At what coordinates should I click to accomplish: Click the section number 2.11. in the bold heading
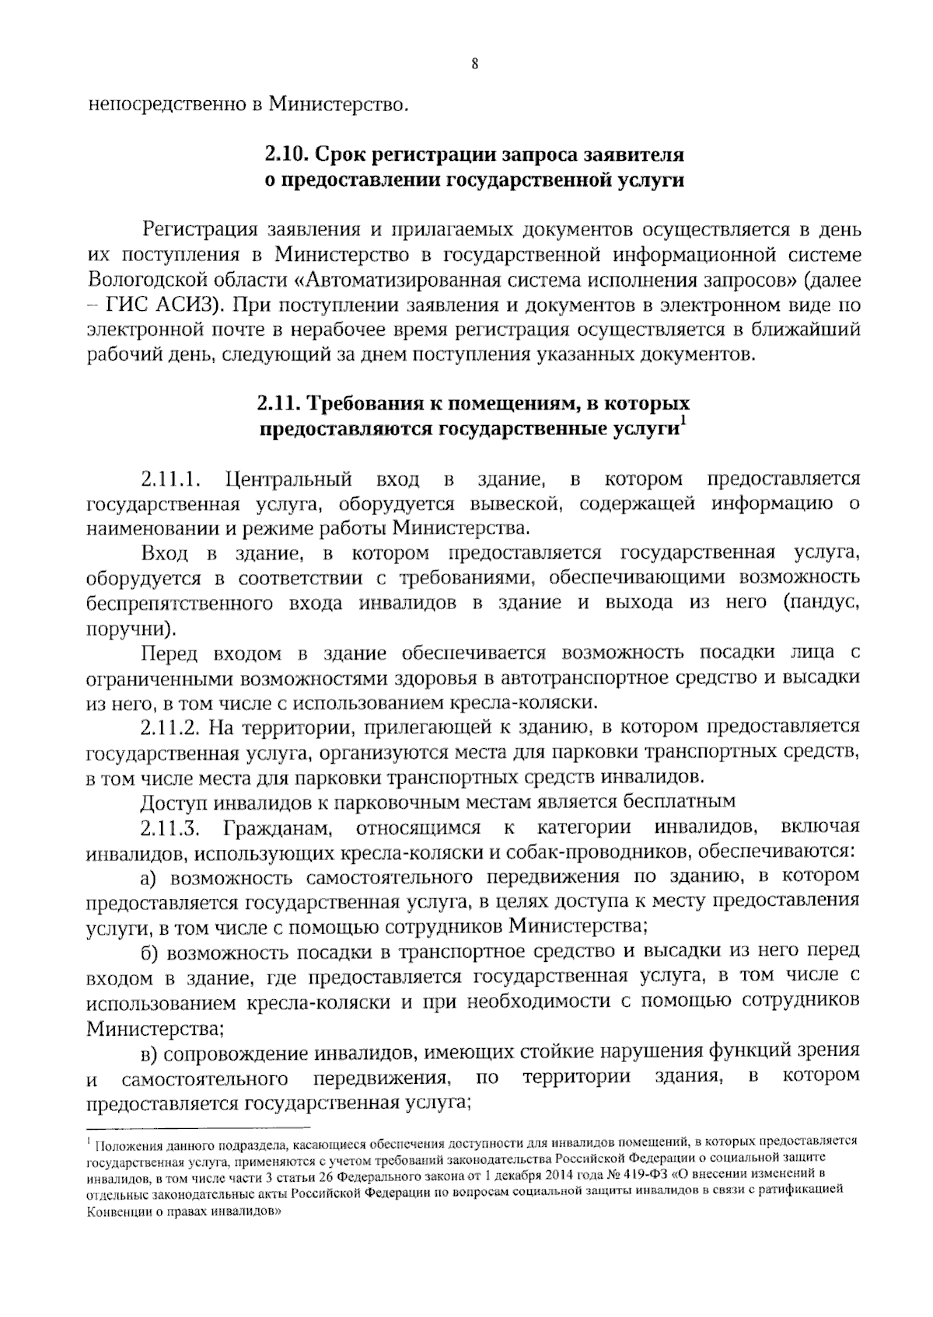point(280,404)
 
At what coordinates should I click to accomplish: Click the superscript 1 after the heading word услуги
point(683,421)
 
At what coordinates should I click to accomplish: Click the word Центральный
point(288,478)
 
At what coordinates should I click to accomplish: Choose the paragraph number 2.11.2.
point(171,727)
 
